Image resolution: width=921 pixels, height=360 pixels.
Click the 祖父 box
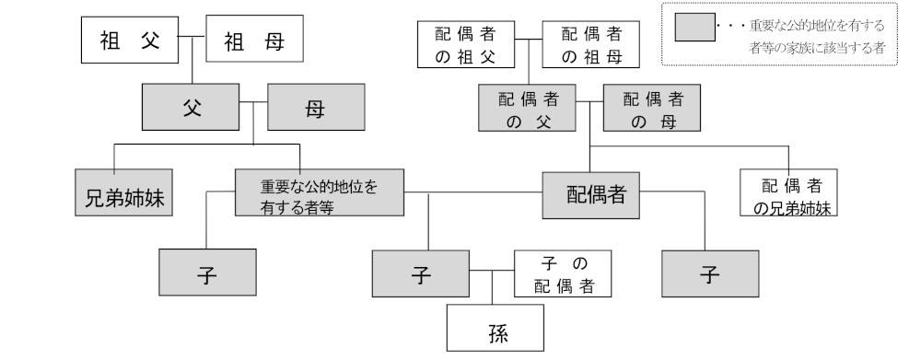coord(129,41)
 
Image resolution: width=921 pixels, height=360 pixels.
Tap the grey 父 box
coord(192,107)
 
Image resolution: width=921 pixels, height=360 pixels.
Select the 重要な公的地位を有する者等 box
coord(321,194)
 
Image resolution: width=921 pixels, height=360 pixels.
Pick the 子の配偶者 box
coord(564,274)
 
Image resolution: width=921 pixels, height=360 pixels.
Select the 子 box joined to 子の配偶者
coord(421,275)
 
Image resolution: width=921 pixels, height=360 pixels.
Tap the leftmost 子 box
coord(206,274)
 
